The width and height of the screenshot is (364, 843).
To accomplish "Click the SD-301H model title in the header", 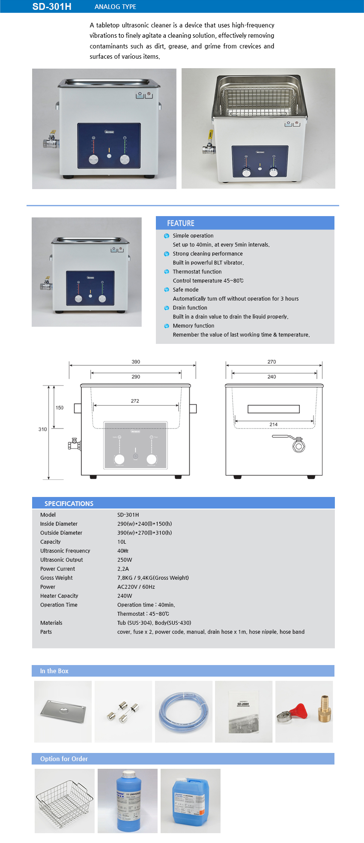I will click(x=52, y=6).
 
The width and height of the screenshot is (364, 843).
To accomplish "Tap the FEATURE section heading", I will click(x=180, y=223).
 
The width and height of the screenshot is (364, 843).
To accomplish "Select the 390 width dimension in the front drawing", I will click(x=136, y=362).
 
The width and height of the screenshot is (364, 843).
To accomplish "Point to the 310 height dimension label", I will click(x=42, y=429).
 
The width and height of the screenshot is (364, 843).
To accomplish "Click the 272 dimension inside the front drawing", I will click(x=135, y=401).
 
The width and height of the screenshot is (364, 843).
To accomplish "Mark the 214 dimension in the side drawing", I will click(x=273, y=425).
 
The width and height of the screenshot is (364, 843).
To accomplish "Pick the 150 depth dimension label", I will click(x=60, y=408).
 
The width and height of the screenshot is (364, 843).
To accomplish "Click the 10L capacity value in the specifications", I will click(x=122, y=542).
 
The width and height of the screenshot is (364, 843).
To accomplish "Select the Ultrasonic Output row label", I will click(x=61, y=560).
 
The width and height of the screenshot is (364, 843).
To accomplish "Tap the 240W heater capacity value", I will click(x=125, y=596).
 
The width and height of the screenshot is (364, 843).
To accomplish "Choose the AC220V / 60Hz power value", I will click(x=136, y=587).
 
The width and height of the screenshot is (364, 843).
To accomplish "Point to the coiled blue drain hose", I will click(x=183, y=712).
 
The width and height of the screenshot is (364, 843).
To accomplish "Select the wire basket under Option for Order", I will click(x=65, y=801).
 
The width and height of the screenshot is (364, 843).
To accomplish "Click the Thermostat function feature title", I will click(x=197, y=272).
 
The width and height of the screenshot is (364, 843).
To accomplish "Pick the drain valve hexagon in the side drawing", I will click(x=298, y=446).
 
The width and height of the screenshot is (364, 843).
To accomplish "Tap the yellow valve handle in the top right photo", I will click(x=211, y=135).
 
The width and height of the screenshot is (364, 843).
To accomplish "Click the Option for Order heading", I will click(x=64, y=759).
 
